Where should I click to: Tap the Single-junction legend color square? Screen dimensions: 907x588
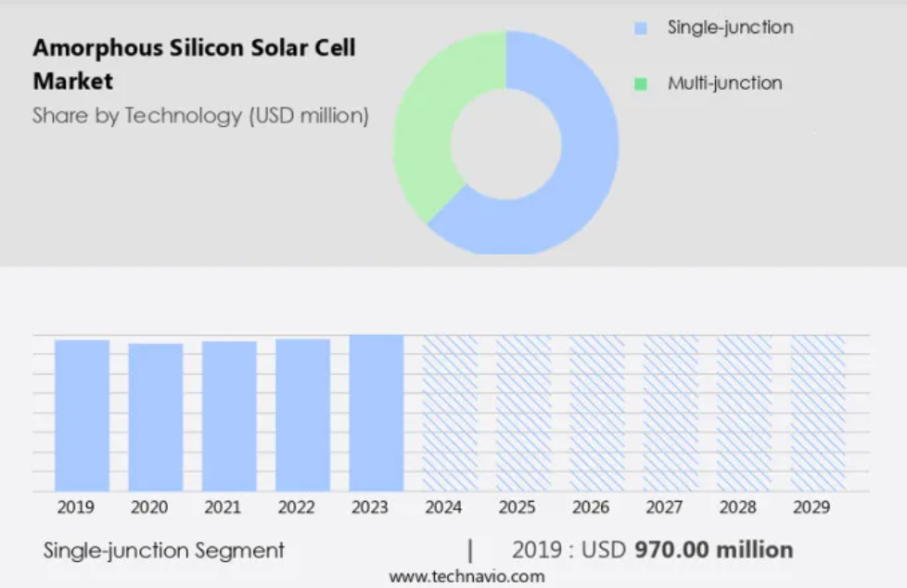point(640,28)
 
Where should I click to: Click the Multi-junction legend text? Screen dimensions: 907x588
point(725,83)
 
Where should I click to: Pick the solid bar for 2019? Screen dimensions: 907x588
point(83,415)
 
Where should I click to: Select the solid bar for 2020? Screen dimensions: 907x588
point(156,417)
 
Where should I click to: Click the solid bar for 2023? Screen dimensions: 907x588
point(377,414)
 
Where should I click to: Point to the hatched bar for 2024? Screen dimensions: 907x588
point(450,414)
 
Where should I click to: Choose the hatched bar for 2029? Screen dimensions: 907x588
point(818,414)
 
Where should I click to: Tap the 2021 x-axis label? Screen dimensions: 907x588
point(223,507)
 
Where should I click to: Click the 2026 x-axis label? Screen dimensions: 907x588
point(591,507)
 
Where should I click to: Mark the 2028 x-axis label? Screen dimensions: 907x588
point(737,507)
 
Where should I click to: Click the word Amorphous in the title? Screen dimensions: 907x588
point(97,48)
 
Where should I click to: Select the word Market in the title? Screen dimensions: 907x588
point(73,81)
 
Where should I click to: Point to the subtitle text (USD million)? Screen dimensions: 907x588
point(309,116)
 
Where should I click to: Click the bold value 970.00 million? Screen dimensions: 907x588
point(714,550)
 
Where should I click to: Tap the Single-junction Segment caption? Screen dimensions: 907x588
point(164,550)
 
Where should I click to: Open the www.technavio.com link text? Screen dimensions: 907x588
point(466,577)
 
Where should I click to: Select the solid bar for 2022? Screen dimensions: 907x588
point(303,415)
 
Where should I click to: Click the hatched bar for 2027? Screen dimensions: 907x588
point(671,414)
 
